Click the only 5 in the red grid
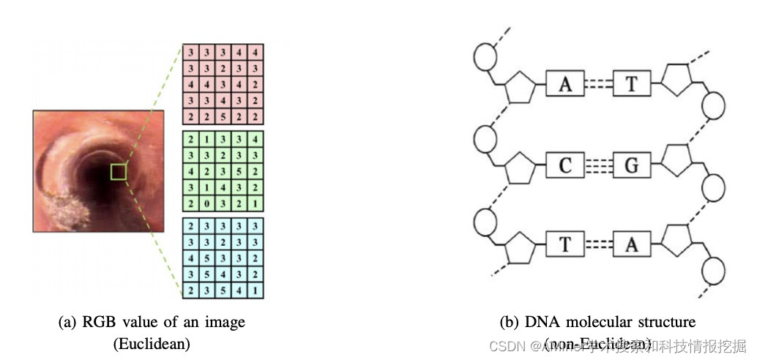pyautogui.click(x=223, y=116)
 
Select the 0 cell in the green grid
pyautogui.click(x=206, y=203)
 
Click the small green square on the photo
pyautogui.click(x=119, y=172)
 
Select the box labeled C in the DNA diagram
pyautogui.click(x=565, y=165)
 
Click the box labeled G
pyautogui.click(x=632, y=165)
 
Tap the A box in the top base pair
pyautogui.click(x=565, y=85)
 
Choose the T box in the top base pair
pyautogui.click(x=632, y=85)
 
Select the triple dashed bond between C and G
pyautogui.click(x=598, y=165)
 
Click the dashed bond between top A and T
pyautogui.click(x=598, y=85)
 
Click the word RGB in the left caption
pyautogui.click(x=96, y=322)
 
